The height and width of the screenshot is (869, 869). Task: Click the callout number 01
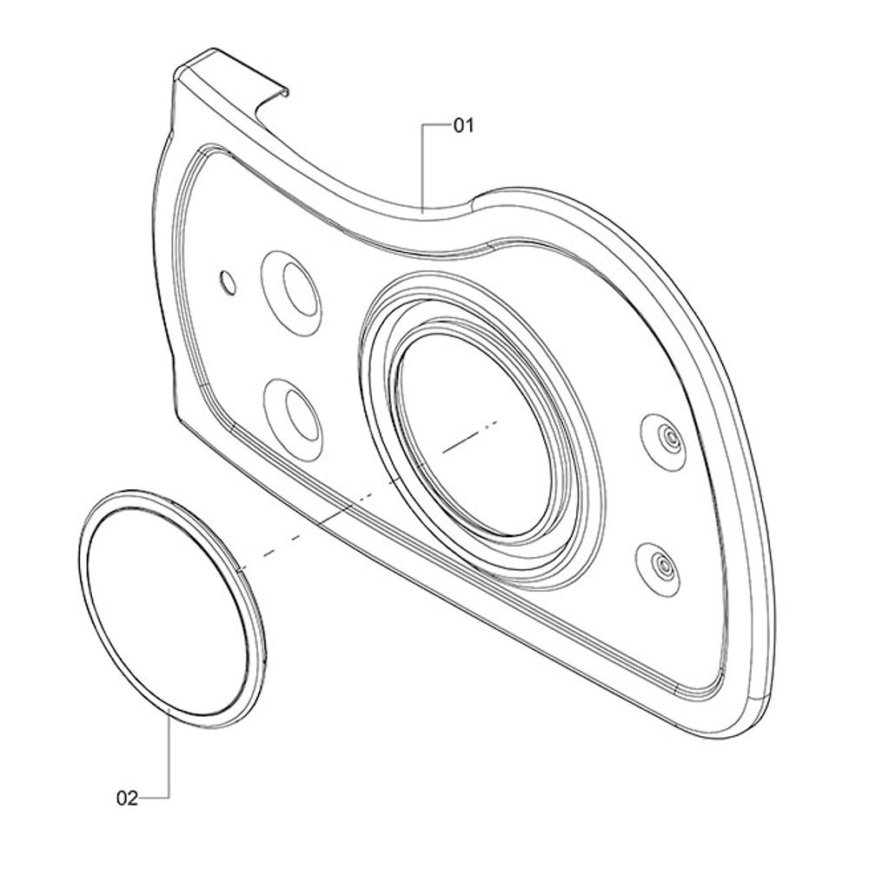(x=463, y=126)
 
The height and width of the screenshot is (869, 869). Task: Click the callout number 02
(x=127, y=799)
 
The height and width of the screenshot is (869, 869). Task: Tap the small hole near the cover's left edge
(x=228, y=282)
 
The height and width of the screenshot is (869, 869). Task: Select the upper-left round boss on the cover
(x=291, y=293)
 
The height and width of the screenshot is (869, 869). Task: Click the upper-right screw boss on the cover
(x=663, y=441)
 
